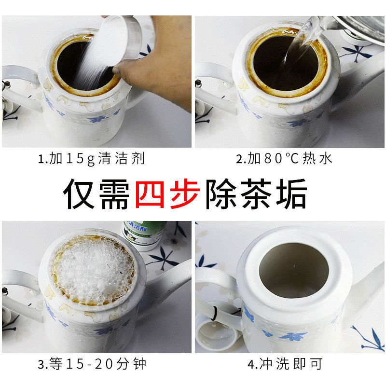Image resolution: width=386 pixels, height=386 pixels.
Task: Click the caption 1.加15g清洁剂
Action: coord(92,159)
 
